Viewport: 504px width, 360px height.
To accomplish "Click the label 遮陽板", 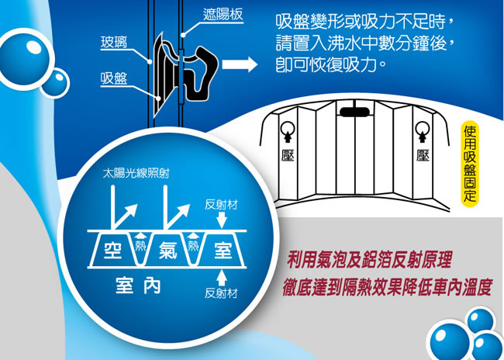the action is (x=223, y=15).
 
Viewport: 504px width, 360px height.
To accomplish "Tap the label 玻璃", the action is (x=114, y=43).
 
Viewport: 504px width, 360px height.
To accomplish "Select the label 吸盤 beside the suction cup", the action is (x=114, y=79).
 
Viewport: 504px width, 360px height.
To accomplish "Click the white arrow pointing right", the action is (x=240, y=64).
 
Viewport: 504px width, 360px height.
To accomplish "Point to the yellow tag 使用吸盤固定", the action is (x=470, y=164).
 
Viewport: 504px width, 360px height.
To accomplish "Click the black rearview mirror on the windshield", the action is (x=354, y=112).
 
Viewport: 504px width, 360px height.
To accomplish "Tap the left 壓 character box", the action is (x=285, y=156).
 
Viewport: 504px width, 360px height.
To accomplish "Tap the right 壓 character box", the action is (x=423, y=156).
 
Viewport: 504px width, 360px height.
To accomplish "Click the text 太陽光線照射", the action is (x=136, y=174).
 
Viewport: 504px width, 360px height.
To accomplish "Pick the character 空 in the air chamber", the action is (x=113, y=250).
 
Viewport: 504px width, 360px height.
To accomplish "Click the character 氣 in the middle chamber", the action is (x=167, y=250).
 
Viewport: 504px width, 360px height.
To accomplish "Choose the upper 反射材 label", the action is (x=221, y=206).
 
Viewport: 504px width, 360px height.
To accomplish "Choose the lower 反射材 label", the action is (x=221, y=293).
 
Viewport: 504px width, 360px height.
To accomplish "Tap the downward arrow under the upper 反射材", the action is (x=222, y=220).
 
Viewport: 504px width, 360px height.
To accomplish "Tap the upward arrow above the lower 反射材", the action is (x=222, y=277).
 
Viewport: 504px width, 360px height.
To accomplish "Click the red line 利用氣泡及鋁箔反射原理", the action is (x=370, y=260).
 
